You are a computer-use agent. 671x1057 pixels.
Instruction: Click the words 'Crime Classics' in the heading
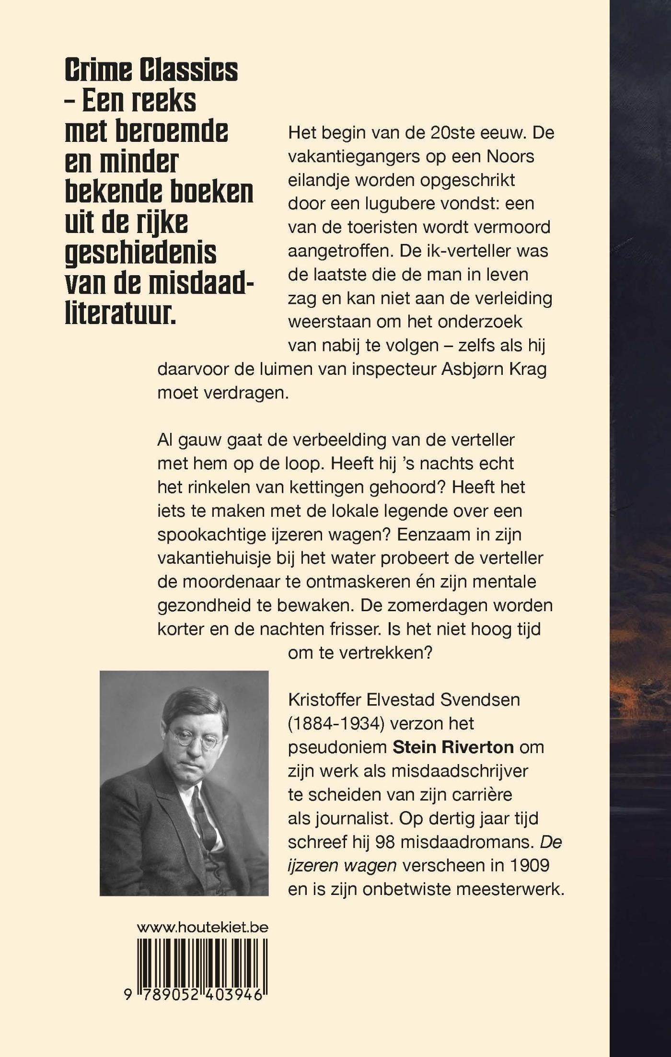(x=151, y=70)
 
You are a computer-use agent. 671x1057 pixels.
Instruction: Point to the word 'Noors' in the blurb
(x=510, y=156)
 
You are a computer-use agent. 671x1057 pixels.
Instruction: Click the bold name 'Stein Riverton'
(x=453, y=747)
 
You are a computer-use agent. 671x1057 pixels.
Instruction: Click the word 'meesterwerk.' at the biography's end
(x=510, y=889)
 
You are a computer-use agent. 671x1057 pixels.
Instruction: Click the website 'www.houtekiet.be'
(x=202, y=927)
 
